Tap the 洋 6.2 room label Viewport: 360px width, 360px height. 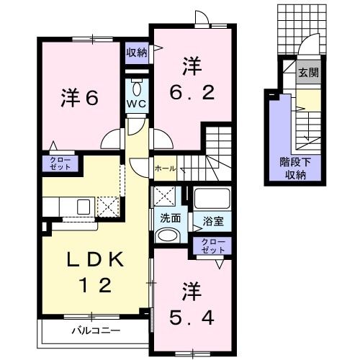191,81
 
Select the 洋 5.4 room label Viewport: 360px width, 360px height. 191,302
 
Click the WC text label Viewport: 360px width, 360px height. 137,103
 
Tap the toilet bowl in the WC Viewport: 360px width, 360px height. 137,86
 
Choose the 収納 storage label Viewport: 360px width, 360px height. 137,51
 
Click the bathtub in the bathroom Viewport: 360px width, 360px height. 211,197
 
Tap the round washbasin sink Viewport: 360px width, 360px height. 168,235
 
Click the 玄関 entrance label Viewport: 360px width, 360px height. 309,72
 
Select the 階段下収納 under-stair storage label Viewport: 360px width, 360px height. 293,168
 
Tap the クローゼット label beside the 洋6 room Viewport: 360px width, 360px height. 60,163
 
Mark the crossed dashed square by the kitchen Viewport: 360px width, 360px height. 109,207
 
